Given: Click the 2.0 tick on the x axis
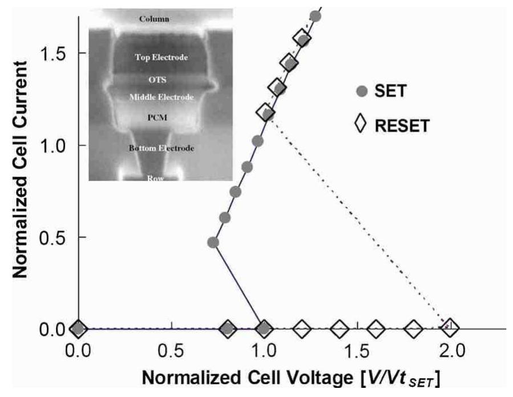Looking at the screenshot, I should coord(450,348).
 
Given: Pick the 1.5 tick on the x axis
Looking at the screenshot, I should coord(357,348).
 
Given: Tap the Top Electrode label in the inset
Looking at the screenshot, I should coord(161,58).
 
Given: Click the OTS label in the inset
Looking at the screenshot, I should coord(161,81).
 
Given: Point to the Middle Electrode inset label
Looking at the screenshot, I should coord(162,98).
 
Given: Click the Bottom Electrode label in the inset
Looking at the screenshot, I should coord(162,148).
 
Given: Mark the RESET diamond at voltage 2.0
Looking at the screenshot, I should coord(450,328).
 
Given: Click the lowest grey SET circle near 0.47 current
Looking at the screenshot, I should coord(213,242).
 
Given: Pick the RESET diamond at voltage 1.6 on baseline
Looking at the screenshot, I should coord(376,328).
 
